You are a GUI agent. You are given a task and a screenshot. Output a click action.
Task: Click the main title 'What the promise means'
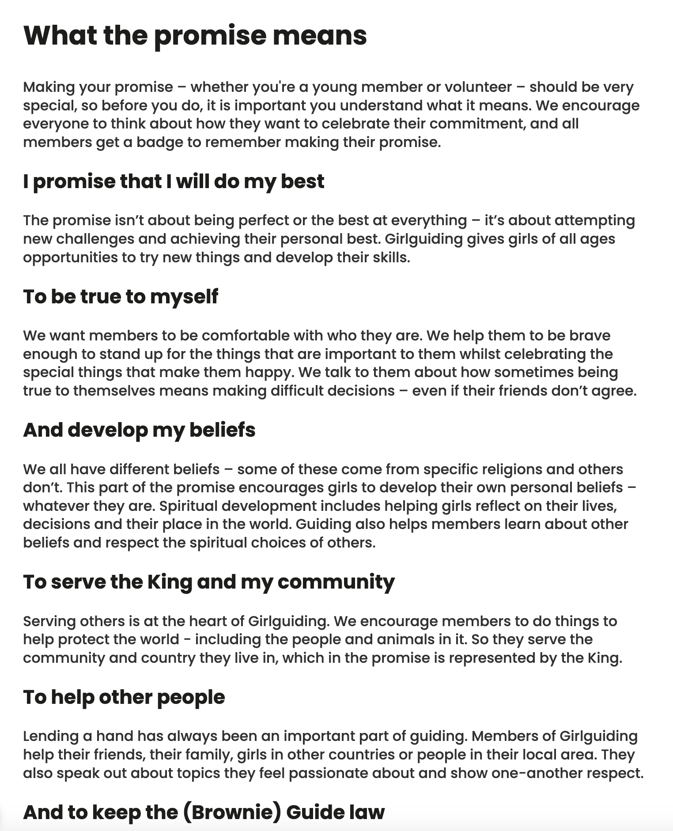pos(195,35)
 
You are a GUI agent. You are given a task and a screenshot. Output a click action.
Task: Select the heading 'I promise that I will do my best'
pos(174,181)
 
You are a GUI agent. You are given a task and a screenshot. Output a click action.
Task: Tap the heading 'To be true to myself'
pos(121,296)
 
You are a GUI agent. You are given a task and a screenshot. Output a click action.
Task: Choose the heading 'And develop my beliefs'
pos(139,430)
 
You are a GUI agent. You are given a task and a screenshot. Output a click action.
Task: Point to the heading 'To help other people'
pos(124,697)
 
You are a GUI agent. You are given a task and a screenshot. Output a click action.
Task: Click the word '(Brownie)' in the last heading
pos(231,812)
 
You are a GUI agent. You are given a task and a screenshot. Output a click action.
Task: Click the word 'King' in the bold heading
pos(170,582)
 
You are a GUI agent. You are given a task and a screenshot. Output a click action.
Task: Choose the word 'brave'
pos(590,336)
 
